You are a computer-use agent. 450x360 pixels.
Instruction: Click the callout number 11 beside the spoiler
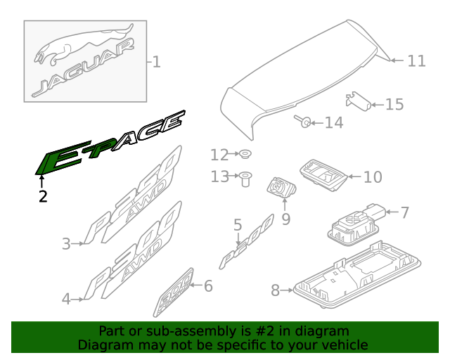417,61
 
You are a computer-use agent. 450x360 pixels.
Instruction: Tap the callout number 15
394,105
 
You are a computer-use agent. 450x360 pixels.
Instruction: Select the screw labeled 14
302,121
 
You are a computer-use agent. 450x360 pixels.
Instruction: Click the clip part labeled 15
359,101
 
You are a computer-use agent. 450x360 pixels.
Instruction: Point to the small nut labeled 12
245,154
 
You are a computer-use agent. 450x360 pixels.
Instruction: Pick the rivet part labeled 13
245,179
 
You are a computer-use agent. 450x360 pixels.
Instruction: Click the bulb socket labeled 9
281,188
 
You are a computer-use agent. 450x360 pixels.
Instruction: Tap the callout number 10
373,177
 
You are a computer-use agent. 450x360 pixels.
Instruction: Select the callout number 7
404,213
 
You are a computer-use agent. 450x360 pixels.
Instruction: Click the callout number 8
275,290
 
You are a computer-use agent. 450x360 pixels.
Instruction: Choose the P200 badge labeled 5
247,242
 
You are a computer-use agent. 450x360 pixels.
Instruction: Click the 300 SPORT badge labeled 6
174,292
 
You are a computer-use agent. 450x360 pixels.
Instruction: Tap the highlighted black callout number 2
43,197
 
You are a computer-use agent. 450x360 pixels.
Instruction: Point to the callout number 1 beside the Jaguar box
156,62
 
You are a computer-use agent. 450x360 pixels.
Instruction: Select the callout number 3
66,244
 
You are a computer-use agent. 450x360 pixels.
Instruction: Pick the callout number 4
66,299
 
